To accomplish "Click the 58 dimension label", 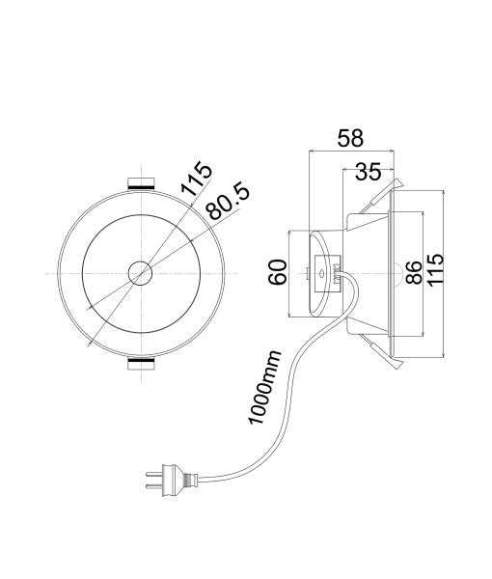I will [351, 138].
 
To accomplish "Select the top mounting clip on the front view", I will [141, 183].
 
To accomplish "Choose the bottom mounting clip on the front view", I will [141, 365].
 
